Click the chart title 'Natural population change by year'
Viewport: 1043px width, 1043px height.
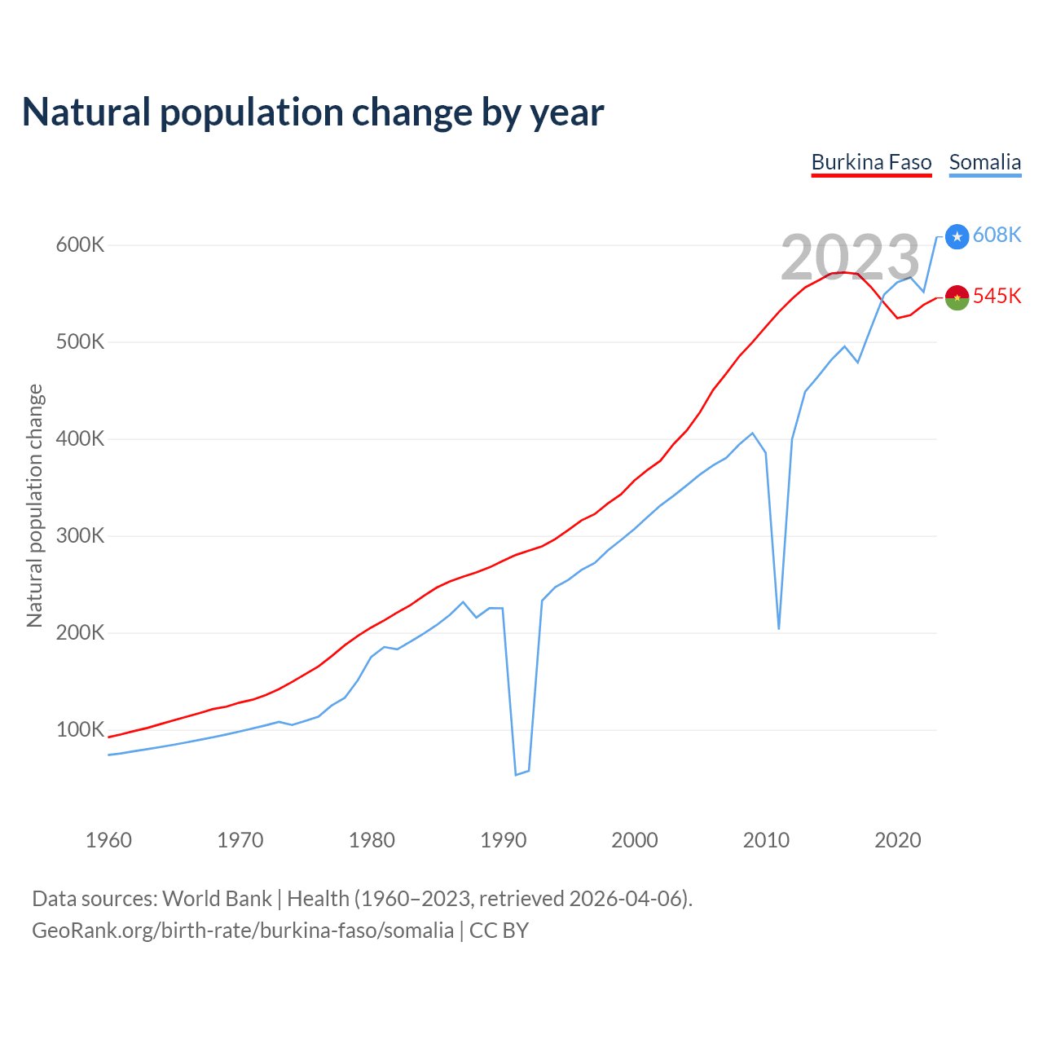coord(313,112)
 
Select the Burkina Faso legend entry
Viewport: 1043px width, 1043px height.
coord(871,162)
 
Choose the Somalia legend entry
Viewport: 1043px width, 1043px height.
coord(984,162)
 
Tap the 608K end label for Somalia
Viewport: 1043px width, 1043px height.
coord(997,235)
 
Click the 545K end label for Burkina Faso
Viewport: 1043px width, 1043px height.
coord(997,296)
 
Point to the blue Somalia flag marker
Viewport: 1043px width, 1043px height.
coord(957,236)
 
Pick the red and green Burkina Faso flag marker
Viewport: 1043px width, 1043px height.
coord(957,297)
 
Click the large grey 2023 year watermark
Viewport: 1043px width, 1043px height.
coord(850,257)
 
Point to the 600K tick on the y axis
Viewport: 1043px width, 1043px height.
coord(80,244)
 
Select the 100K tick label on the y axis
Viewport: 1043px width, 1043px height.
coord(80,729)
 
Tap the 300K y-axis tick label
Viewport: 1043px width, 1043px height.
coord(80,535)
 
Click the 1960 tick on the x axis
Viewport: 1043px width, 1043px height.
coord(108,840)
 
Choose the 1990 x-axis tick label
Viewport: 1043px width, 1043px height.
coord(504,840)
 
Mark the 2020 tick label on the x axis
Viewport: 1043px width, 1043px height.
coord(898,840)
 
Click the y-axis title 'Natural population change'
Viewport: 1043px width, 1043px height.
coord(34,505)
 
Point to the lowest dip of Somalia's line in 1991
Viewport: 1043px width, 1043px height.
coord(516,774)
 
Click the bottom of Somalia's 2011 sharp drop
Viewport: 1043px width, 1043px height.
coord(779,628)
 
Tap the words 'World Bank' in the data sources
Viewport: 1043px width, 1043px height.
coord(217,898)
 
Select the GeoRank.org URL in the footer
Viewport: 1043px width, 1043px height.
coord(243,930)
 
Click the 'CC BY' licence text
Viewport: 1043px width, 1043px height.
coord(499,930)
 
